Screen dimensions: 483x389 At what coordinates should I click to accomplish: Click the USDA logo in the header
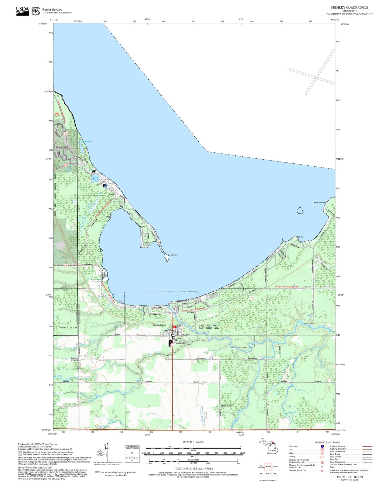pyautogui.click(x=22, y=10)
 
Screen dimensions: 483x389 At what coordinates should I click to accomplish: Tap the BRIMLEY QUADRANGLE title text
pyautogui.click(x=349, y=7)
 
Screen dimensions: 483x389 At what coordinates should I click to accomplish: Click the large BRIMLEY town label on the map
pyautogui.click(x=160, y=325)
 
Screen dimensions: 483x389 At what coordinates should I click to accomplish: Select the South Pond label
pyautogui.click(x=95, y=178)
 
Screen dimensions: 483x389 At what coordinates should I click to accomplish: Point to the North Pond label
pyautogui.click(x=87, y=141)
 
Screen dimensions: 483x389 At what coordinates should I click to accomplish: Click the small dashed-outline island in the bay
pyautogui.click(x=300, y=210)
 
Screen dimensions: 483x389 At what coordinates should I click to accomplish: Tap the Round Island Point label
pyautogui.click(x=320, y=202)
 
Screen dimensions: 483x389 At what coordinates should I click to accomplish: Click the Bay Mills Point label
pyautogui.click(x=173, y=255)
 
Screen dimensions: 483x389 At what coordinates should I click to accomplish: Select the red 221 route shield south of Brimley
pyautogui.click(x=172, y=345)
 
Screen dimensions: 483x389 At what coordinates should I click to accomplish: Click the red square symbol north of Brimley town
pyautogui.click(x=174, y=327)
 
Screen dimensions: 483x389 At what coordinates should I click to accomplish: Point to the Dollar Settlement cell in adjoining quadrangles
pyautogui.click(x=261, y=467)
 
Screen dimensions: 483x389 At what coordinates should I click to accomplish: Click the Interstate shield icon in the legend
pyautogui.click(x=322, y=446)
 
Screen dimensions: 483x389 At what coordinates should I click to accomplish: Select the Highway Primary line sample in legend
pyautogui.click(x=367, y=446)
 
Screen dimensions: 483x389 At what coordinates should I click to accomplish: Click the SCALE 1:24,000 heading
pyautogui.click(x=193, y=442)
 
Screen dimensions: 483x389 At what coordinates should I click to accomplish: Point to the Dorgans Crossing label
pyautogui.click(x=74, y=359)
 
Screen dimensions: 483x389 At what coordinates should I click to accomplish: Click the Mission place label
pyautogui.click(x=112, y=194)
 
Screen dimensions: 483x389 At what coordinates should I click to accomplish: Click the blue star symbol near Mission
pyautogui.click(x=106, y=186)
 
